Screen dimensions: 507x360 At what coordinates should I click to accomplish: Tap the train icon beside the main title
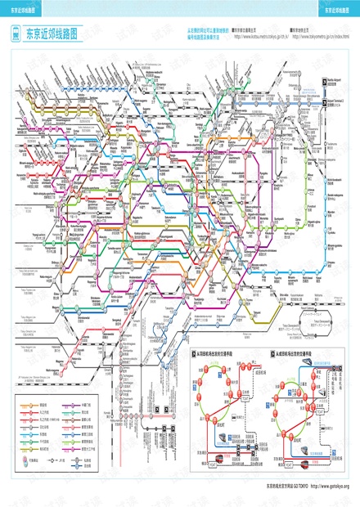(16, 35)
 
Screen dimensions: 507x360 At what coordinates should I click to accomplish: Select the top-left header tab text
(22, 11)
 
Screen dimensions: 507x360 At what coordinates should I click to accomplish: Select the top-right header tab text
(337, 11)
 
